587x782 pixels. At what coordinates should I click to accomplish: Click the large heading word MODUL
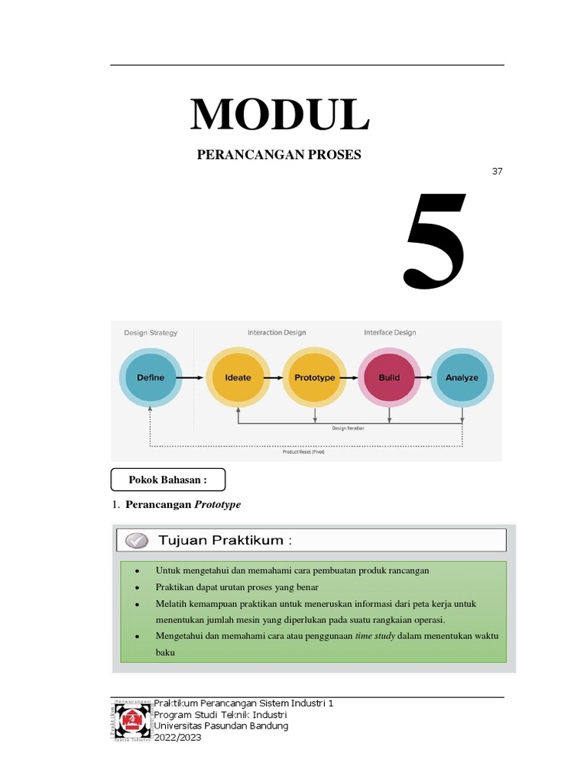(280, 115)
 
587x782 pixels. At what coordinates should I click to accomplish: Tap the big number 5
(435, 242)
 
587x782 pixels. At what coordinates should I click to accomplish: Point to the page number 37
(497, 171)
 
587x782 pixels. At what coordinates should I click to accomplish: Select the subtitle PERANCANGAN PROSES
(279, 155)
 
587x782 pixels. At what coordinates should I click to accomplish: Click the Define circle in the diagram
(151, 377)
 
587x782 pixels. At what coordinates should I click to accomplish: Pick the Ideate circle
(238, 377)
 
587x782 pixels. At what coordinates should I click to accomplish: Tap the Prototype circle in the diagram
(314, 377)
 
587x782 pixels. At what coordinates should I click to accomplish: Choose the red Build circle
(389, 377)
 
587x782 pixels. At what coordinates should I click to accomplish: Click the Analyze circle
(462, 377)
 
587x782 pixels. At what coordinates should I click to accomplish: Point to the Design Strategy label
(151, 332)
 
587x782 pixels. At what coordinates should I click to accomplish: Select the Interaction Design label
(276, 332)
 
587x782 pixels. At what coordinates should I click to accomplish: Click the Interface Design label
(390, 332)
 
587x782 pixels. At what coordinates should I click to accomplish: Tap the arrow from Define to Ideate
(194, 377)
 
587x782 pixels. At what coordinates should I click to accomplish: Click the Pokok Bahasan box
(168, 480)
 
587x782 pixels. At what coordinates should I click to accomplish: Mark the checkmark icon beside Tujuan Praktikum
(136, 541)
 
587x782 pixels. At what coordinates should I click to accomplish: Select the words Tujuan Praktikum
(225, 541)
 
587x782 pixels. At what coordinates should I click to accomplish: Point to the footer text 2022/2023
(178, 738)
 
